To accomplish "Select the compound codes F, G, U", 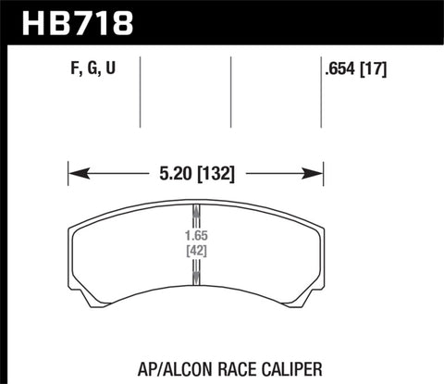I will [x=90, y=66].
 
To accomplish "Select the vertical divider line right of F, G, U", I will [x=140, y=93].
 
